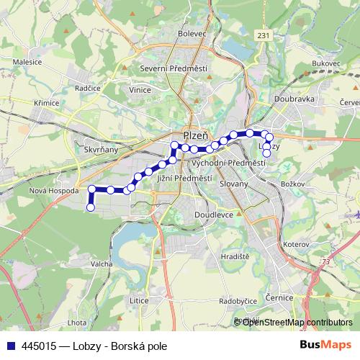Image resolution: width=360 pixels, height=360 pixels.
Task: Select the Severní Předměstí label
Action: click(174, 68)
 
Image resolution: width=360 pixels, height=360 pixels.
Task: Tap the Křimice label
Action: click(46, 104)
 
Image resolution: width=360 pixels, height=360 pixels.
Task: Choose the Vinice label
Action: click(140, 91)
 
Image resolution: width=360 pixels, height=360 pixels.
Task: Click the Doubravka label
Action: click(294, 99)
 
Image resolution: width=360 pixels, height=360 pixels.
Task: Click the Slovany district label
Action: click(234, 184)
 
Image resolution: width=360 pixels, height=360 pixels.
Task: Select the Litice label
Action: click(138, 299)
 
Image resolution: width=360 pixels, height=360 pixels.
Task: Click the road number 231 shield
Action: click(264, 35)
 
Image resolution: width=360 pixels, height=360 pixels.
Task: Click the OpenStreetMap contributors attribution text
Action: click(297, 322)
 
